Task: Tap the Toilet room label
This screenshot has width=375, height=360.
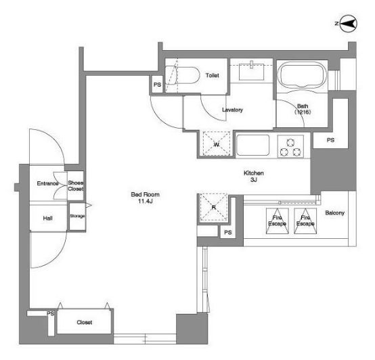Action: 212,76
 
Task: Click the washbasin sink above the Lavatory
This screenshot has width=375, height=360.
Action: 252,72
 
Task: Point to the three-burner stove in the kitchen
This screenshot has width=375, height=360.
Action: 290,147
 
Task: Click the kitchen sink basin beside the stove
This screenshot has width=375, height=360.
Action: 252,145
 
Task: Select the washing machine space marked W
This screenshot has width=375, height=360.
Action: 216,144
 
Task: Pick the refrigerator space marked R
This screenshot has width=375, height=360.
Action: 214,207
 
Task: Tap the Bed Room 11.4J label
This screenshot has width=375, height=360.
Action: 145,198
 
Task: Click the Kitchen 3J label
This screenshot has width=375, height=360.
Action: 254,176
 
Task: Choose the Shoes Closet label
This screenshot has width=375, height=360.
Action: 76,185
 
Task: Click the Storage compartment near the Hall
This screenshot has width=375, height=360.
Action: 77,217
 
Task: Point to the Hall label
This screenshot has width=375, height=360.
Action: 48,219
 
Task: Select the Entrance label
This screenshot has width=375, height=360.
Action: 47,183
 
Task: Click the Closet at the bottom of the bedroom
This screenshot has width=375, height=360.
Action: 84,321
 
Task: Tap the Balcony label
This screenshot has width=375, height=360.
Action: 334,212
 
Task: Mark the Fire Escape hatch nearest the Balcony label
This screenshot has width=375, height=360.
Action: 305,221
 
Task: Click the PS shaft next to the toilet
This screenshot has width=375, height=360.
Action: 157,85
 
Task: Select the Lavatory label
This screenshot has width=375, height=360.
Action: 232,110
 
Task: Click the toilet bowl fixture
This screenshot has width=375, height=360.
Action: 183,75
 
